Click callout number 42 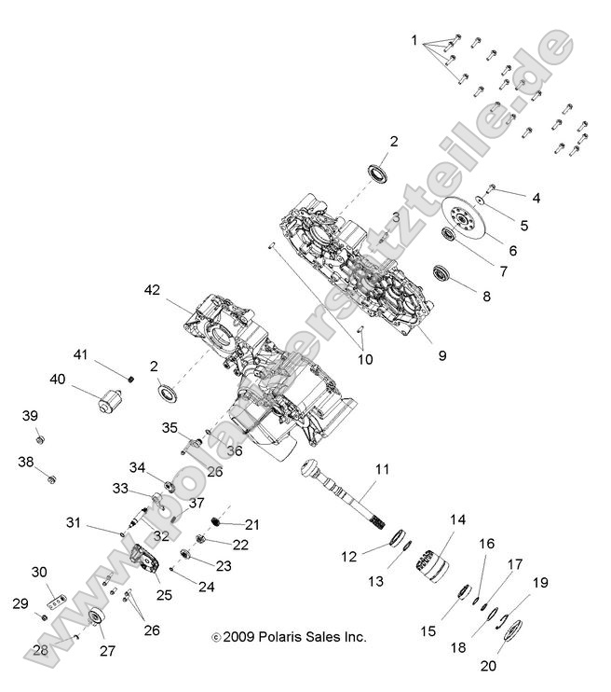(x=152, y=290)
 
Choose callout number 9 (x=442, y=354)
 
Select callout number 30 (x=39, y=572)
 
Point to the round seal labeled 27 (x=96, y=622)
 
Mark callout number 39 (x=30, y=415)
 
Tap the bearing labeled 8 (x=444, y=274)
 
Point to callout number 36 (x=234, y=450)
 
